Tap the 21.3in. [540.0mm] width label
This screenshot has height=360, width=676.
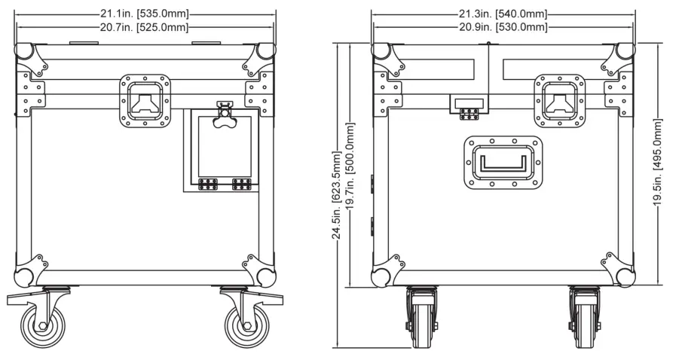[x=503, y=14]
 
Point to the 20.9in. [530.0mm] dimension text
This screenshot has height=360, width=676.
[x=503, y=28]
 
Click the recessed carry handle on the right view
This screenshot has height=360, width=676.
[x=503, y=162]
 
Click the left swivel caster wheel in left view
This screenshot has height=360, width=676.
[x=41, y=322]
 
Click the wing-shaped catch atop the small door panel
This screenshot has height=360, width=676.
[x=224, y=117]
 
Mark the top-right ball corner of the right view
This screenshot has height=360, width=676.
[x=625, y=52]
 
